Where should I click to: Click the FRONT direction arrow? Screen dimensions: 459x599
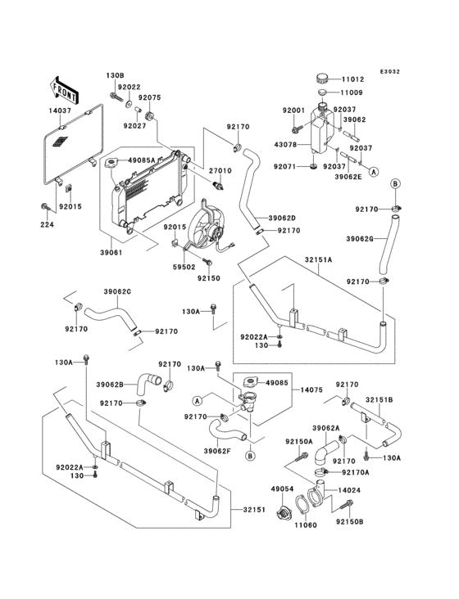pyautogui.click(x=64, y=91)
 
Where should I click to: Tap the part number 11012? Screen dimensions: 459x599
pyautogui.click(x=352, y=79)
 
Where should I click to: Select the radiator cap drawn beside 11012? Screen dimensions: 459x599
pyautogui.click(x=322, y=79)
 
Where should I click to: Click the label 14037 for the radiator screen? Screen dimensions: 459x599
pyautogui.click(x=60, y=110)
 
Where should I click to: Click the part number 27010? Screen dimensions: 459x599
pyautogui.click(x=220, y=171)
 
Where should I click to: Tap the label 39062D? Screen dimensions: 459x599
pyautogui.click(x=282, y=218)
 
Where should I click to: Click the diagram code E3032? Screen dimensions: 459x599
pyautogui.click(x=390, y=71)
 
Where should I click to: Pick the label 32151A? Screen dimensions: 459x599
pyautogui.click(x=318, y=259)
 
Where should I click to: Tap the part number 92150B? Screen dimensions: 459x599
pyautogui.click(x=350, y=521)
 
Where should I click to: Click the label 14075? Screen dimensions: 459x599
pyautogui.click(x=311, y=390)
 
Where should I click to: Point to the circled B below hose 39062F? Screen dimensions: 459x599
pyautogui.click(x=250, y=455)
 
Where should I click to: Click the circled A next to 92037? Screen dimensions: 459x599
pyautogui.click(x=374, y=172)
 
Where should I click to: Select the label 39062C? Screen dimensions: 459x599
pyautogui.click(x=117, y=291)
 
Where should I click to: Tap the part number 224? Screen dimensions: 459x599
pyautogui.click(x=47, y=224)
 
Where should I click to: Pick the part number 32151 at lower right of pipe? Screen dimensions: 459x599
pyautogui.click(x=254, y=510)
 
